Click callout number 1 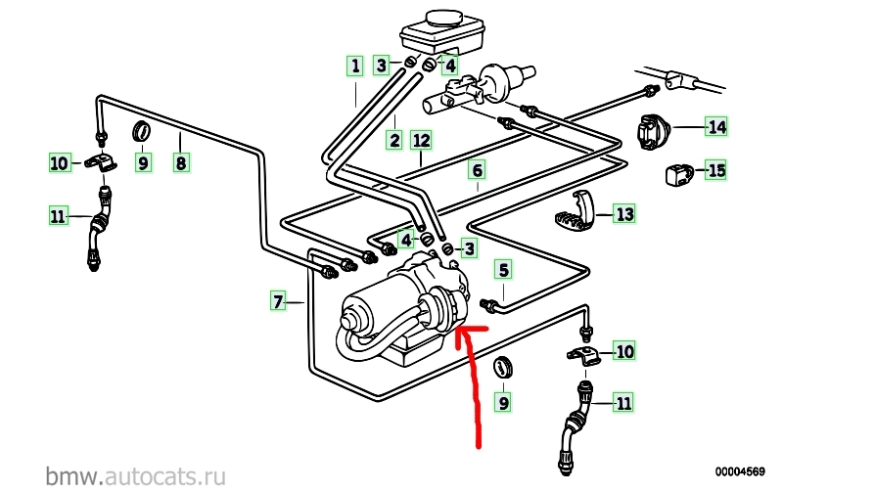point(353,67)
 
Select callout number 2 point(393,140)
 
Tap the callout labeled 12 point(421,140)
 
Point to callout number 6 point(477,171)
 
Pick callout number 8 point(180,162)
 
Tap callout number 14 point(717,126)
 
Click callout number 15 point(717,171)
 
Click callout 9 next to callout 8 point(143,162)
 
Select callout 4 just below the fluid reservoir point(448,67)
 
